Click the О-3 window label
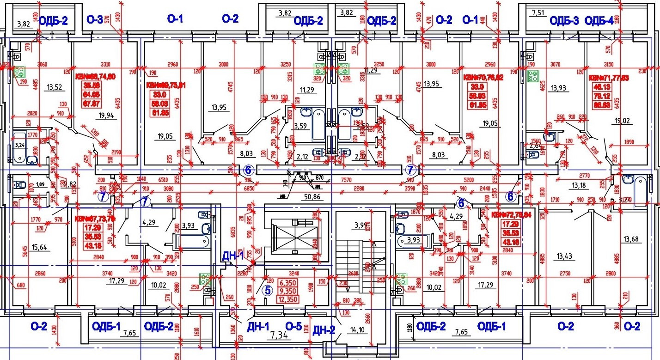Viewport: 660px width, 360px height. [95, 19]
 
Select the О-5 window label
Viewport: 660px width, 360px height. [293, 326]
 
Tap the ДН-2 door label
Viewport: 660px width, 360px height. [324, 330]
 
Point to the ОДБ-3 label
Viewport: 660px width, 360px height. [564, 21]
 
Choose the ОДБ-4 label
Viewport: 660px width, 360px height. [599, 21]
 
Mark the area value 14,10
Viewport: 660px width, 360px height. [357, 330]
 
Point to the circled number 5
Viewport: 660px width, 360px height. [267, 290]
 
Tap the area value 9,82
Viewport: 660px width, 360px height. [70, 184]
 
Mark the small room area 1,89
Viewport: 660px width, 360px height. [41, 184]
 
